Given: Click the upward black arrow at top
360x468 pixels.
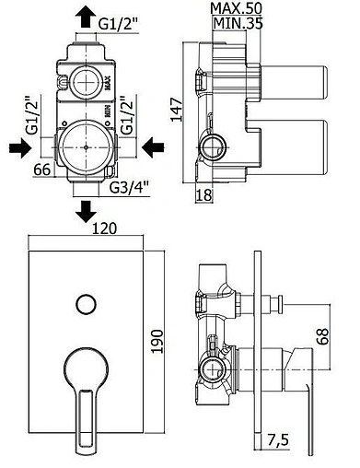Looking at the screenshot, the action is pos(84,18).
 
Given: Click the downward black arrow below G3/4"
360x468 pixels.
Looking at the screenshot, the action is pos(86,212).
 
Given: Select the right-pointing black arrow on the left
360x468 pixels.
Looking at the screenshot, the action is pos(20,147).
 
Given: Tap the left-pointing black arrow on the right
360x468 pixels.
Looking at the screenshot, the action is pos(153,147).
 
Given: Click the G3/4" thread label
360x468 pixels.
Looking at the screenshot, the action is pos(129,187).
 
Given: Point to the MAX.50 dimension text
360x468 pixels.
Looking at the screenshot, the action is pos(237,8).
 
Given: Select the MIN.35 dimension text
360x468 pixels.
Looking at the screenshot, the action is pos(238,23).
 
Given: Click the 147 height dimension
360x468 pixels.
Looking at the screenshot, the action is pos(176,110).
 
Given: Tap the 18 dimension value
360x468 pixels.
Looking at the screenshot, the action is pos(204,194).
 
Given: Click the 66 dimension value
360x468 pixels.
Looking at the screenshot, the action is pos(42,170).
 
